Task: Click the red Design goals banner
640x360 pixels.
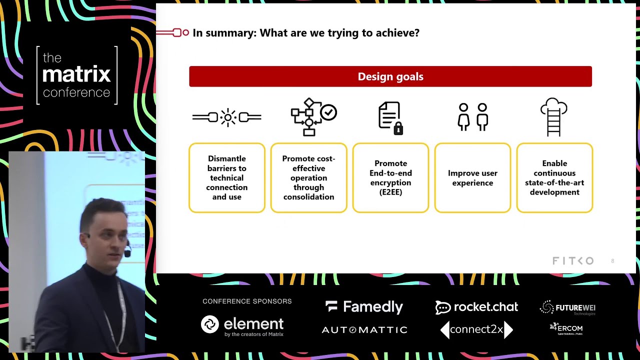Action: click(390, 76)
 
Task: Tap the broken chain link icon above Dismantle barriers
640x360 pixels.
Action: click(227, 117)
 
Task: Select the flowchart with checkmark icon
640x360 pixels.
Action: click(313, 117)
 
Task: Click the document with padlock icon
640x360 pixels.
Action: click(390, 118)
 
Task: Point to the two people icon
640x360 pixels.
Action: click(472, 117)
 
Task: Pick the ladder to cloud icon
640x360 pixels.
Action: click(553, 117)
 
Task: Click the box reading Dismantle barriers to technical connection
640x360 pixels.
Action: click(227, 177)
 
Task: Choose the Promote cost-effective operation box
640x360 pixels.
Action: click(308, 177)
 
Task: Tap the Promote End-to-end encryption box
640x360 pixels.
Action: click(390, 177)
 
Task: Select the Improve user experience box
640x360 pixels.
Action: click(472, 177)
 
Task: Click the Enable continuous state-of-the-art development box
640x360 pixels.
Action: click(554, 177)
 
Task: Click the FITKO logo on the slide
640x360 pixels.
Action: click(572, 261)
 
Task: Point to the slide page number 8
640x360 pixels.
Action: click(612, 261)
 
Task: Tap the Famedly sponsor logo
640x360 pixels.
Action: click(364, 307)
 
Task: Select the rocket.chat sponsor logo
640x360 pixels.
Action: click(476, 307)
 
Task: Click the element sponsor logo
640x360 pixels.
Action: click(242, 325)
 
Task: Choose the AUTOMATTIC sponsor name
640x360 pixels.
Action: click(364, 330)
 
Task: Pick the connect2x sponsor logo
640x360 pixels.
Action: click(476, 329)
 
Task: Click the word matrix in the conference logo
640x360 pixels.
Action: click(76, 75)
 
